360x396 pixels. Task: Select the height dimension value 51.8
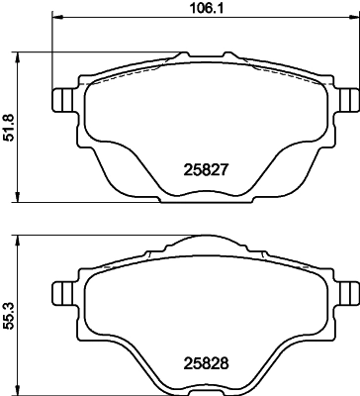10,127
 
